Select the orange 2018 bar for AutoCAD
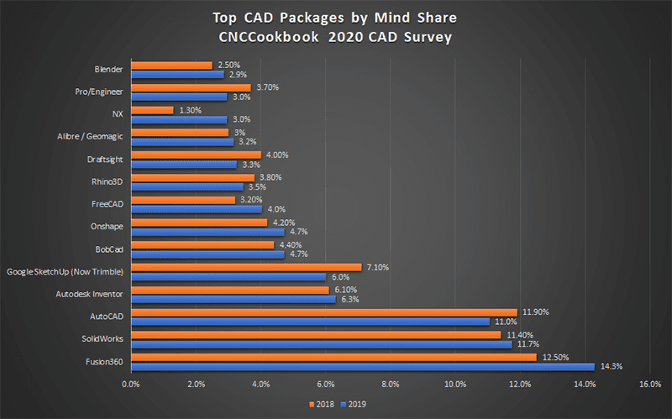point(325,312)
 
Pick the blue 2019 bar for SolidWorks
point(322,343)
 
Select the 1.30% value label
point(192,109)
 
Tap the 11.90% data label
point(536,312)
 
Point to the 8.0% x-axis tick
point(390,385)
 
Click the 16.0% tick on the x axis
point(649,385)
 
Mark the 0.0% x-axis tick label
point(130,385)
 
